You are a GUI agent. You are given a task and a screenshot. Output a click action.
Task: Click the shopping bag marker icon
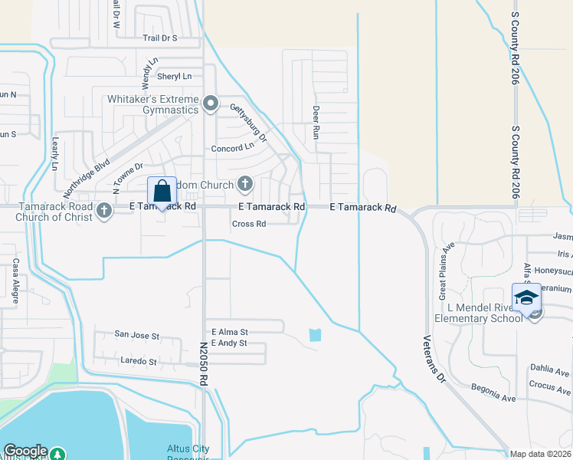162,192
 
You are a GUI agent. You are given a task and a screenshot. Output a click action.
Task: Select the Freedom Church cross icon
245,182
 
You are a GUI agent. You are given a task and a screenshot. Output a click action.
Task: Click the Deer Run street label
315,122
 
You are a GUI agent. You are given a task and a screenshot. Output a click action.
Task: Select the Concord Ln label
233,147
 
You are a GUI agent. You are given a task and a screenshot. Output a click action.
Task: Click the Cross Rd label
249,224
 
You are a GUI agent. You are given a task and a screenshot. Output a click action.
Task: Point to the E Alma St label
230,332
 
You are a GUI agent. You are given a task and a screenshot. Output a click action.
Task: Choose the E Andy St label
228,343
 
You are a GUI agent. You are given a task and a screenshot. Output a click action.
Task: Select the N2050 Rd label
204,363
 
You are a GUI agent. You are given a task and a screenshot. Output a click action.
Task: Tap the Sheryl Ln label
174,77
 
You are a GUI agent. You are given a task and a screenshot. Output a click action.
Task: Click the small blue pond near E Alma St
315,335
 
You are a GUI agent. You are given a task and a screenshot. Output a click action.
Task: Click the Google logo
25,451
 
